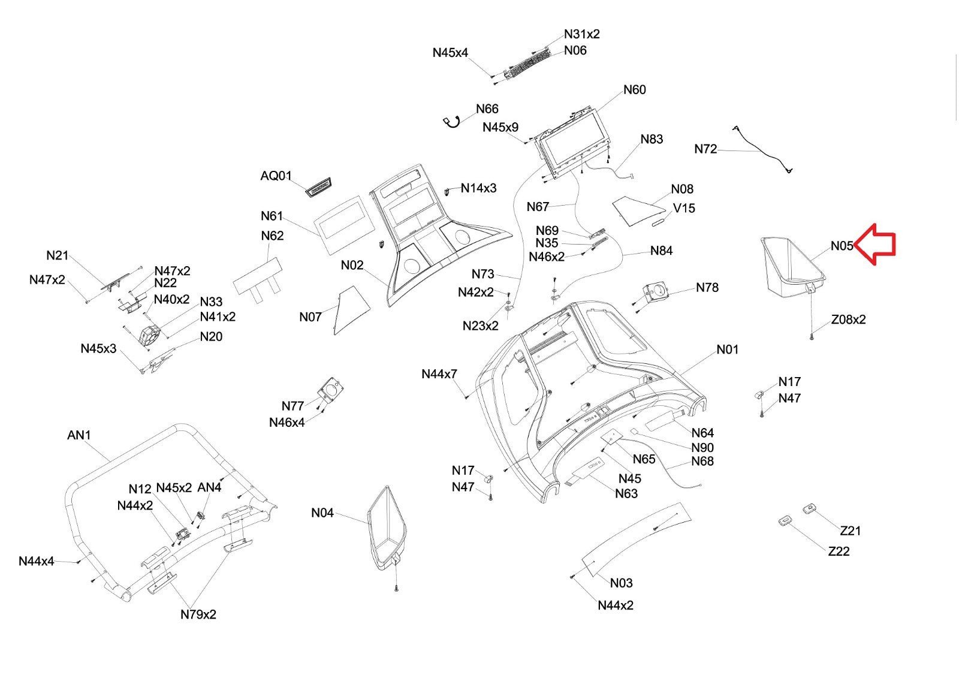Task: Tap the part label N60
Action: [634, 90]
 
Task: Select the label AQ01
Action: [276, 176]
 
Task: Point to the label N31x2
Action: [581, 34]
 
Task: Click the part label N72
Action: [705, 149]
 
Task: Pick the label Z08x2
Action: [848, 320]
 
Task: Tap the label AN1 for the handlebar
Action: [79, 435]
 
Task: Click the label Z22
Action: [839, 552]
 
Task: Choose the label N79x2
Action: [198, 614]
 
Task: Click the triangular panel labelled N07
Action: [350, 307]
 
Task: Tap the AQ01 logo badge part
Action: [318, 186]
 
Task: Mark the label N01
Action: [728, 349]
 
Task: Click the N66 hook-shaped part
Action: [451, 122]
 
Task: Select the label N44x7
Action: [439, 374]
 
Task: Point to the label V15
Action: [684, 208]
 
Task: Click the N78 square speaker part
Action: [655, 293]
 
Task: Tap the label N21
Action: [58, 255]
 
